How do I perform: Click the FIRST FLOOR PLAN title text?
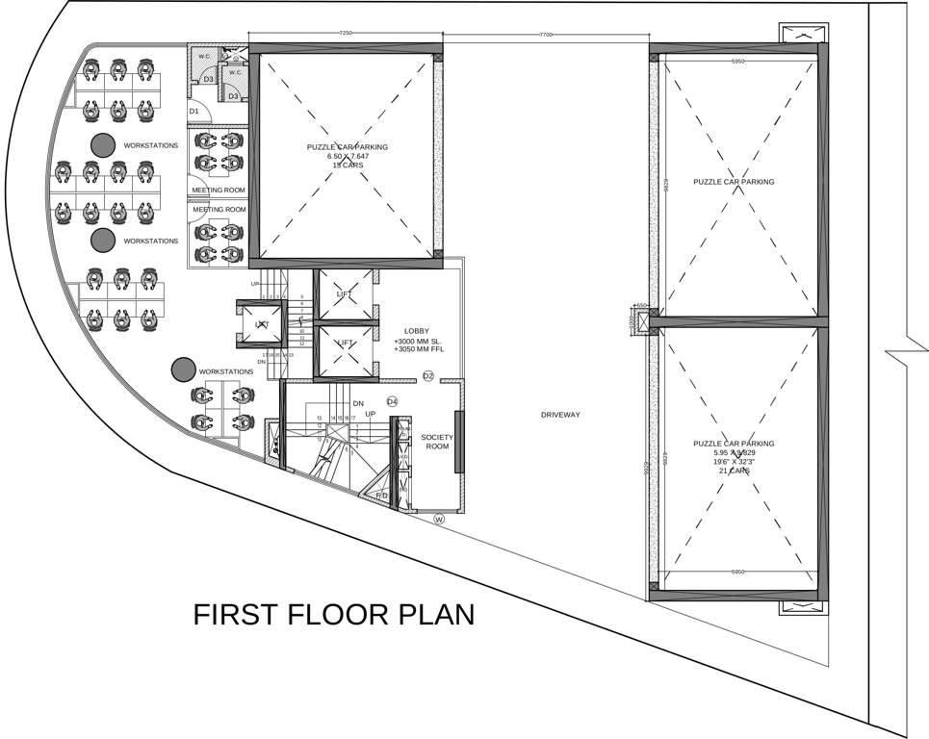(x=333, y=614)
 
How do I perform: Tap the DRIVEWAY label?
(x=559, y=415)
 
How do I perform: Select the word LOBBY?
(x=417, y=331)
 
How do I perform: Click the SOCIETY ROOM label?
(x=437, y=442)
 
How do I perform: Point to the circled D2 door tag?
(x=428, y=375)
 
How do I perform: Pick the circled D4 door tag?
(x=392, y=400)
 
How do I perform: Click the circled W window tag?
(x=439, y=519)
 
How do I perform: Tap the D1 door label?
(x=194, y=112)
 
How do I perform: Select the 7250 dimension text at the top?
(x=346, y=34)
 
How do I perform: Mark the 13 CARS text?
(x=348, y=166)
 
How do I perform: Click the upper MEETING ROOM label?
(x=219, y=190)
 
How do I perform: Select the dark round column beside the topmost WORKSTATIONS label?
(x=101, y=144)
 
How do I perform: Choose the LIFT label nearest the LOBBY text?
(x=345, y=343)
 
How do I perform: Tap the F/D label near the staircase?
(x=381, y=496)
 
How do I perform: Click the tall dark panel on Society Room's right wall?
(x=459, y=441)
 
